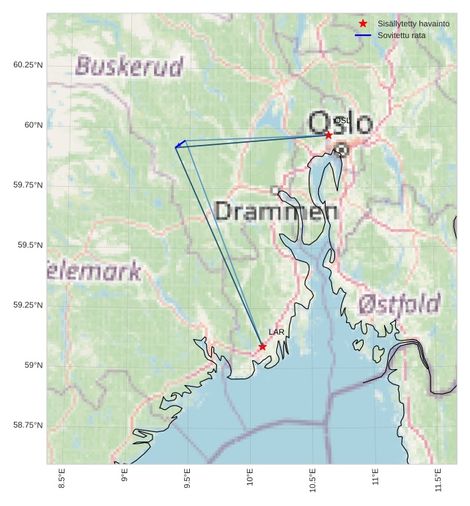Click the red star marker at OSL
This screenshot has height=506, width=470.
click(328, 135)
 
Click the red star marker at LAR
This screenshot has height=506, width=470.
click(262, 346)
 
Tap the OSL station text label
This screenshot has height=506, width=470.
click(342, 121)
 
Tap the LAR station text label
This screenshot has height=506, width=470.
click(276, 332)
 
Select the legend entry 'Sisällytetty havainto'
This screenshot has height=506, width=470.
click(413, 23)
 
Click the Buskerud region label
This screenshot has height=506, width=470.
click(129, 67)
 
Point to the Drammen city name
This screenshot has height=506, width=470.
click(276, 212)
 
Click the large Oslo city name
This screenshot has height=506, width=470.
click(340, 122)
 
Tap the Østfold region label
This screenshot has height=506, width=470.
click(400, 304)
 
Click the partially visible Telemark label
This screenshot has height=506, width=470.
click(94, 272)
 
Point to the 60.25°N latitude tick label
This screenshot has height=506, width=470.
click(28, 65)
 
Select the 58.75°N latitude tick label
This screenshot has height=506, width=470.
click(28, 425)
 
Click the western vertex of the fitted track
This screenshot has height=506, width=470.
click(176, 147)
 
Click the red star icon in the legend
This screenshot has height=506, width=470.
click(363, 23)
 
